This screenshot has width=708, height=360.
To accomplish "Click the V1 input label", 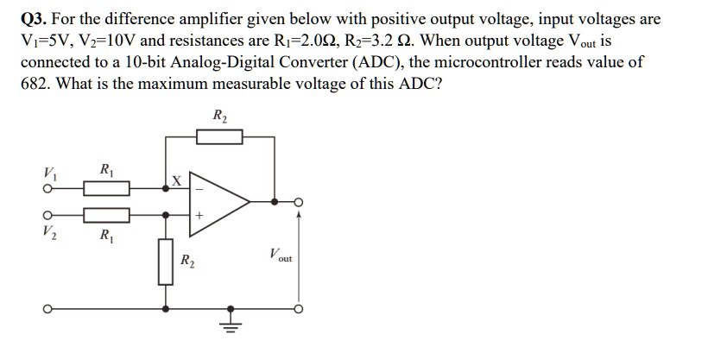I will (47, 170).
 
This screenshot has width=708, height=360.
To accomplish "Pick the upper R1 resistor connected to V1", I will (106, 187).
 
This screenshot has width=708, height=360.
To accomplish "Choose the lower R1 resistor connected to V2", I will (106, 213).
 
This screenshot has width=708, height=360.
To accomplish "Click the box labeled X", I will (176, 181).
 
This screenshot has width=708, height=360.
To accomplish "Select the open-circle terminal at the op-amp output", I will (299, 202).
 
